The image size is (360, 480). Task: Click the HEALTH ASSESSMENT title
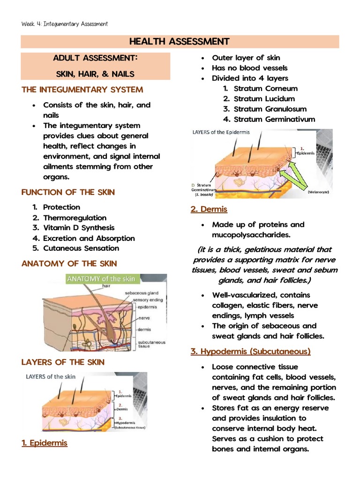[x=180, y=42]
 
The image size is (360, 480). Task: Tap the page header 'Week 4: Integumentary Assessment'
[x=65, y=23]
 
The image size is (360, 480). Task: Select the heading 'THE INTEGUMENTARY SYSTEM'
[x=82, y=90]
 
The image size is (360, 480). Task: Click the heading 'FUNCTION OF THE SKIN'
[x=68, y=192]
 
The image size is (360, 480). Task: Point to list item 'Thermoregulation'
[x=75, y=217]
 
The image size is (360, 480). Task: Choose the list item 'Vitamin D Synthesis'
[x=79, y=228]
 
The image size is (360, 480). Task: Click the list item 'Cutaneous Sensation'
[x=81, y=248]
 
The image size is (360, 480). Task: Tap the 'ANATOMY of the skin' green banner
[x=102, y=279]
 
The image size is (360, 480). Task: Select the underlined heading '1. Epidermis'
[x=45, y=443]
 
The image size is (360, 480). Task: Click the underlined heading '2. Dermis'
[x=209, y=209]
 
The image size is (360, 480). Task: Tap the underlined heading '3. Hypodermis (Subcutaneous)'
[x=250, y=351]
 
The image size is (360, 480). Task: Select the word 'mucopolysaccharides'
[x=251, y=235]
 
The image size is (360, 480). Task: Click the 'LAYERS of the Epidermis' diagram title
[x=222, y=132]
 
